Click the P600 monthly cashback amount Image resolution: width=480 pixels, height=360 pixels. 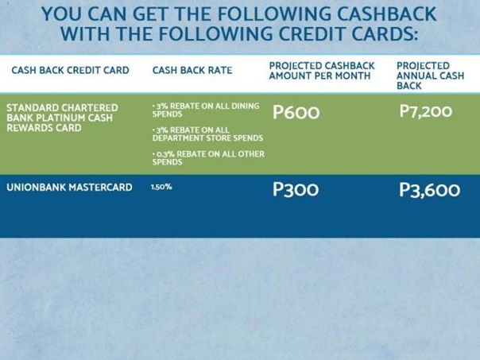tap(296, 112)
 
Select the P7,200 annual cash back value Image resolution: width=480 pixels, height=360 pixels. tap(425, 111)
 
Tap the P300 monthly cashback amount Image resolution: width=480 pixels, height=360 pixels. tap(296, 189)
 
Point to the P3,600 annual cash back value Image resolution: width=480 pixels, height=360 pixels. tap(429, 190)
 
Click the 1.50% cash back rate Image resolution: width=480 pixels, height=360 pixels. tap(161, 187)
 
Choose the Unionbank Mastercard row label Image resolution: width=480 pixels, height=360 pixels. tap(69, 187)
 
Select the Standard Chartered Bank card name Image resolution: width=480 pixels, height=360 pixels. tap(62, 118)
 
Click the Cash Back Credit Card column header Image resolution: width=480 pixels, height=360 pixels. tap(71, 70)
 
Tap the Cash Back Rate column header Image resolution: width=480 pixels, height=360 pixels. tap(192, 70)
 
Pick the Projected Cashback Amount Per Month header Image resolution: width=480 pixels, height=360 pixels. tap(322, 71)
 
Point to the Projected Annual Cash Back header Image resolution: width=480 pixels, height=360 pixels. tap(431, 75)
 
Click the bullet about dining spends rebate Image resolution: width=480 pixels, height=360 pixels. tap(206, 110)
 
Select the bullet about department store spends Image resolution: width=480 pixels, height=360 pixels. tap(207, 134)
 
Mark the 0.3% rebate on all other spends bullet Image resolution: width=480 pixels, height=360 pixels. tap(208, 157)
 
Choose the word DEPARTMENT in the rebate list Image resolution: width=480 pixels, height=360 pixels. tap(176, 138)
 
